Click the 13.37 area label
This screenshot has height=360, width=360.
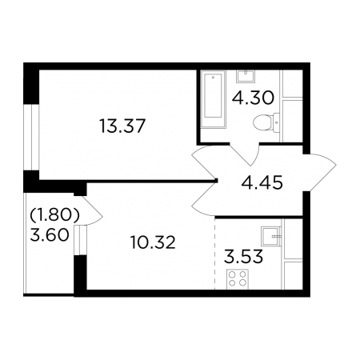[122, 126]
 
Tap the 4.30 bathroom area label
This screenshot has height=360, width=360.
[253, 98]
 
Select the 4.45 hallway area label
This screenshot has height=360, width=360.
[262, 183]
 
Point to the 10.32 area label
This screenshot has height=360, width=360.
[153, 242]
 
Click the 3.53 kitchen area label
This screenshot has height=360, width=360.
[243, 256]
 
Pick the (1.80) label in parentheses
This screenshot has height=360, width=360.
[54, 215]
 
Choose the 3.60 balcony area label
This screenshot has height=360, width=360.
[50, 235]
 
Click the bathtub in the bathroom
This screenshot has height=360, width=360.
[214, 98]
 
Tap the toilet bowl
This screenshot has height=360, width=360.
[262, 123]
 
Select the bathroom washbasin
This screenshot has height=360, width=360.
[245, 76]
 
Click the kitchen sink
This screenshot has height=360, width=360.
[271, 236]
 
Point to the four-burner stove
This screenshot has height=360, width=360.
[238, 279]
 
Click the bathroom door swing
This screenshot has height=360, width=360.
[245, 154]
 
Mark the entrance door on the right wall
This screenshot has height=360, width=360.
[320, 173]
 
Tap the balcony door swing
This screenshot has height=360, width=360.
[92, 210]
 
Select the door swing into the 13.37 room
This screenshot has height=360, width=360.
[205, 182]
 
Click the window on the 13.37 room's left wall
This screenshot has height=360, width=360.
[31, 137]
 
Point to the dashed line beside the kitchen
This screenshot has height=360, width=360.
[215, 254]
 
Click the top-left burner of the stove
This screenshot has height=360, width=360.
[232, 274]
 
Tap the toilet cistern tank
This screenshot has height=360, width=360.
[276, 122]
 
